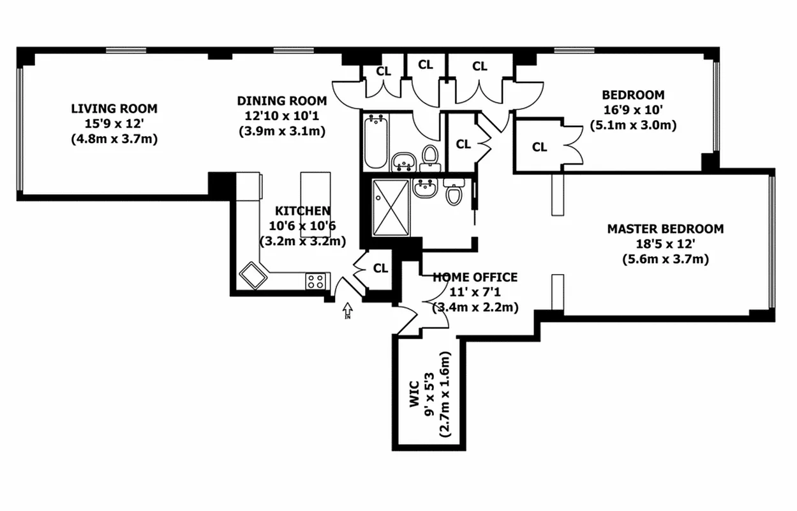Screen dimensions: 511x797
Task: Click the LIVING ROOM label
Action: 114,109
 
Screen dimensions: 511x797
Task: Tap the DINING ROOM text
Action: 281,101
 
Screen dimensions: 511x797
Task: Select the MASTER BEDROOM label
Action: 665,229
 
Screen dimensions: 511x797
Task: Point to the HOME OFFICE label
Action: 475,277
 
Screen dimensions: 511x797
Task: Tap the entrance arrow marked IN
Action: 348,311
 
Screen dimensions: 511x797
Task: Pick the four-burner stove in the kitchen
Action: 317,281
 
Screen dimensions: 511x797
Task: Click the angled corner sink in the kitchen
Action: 255,275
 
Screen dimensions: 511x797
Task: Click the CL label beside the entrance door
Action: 380,268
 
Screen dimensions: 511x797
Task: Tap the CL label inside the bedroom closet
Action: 540,148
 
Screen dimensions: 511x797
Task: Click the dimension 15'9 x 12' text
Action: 114,123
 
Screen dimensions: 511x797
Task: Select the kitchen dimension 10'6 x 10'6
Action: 302,226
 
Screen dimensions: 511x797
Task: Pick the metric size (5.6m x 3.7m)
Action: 665,259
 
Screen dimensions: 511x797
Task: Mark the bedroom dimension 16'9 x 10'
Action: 633,111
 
